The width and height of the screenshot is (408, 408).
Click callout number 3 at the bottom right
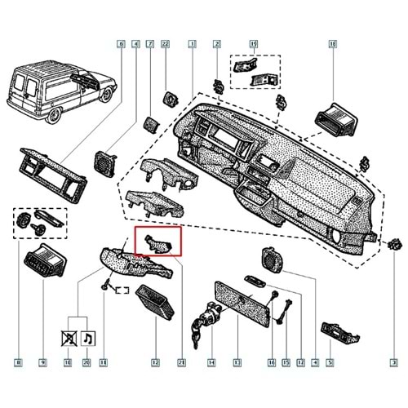392,361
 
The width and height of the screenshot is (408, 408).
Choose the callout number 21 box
181,361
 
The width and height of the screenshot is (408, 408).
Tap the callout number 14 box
211,361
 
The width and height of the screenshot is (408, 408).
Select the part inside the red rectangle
159,242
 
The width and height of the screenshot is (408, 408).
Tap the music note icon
88,335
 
